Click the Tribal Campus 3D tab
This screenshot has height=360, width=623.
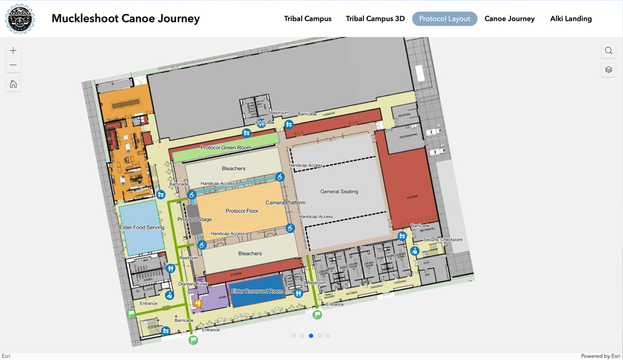[x=375, y=19]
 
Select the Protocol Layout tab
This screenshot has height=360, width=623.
[x=444, y=19]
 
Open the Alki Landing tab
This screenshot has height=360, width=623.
[x=571, y=19]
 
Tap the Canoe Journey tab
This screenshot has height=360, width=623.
[x=509, y=19]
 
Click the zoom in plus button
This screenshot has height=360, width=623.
[x=13, y=50]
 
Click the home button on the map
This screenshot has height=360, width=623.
[x=13, y=84]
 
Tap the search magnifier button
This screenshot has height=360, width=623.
[x=608, y=50]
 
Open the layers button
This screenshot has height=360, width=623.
[x=608, y=70]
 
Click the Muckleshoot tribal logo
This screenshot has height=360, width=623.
[x=20, y=19]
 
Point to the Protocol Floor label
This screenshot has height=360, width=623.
[x=242, y=211]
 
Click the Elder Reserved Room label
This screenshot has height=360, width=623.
[x=257, y=291]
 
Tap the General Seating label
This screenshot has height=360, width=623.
[x=339, y=192]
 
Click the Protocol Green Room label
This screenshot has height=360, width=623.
[x=226, y=148]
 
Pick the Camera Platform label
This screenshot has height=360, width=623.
[x=286, y=203]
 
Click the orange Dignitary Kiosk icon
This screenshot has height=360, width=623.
[x=198, y=303]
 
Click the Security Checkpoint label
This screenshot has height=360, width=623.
[x=442, y=239]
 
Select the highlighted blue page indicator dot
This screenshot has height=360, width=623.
[x=311, y=336]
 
